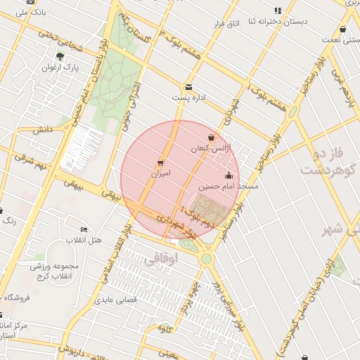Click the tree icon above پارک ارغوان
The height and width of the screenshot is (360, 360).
(60, 56)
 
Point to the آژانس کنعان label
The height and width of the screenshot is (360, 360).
(209, 149)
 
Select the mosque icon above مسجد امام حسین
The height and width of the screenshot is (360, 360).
(229, 176)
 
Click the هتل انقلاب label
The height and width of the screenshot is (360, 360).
(84, 240)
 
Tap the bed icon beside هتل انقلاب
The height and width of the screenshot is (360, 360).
(84, 230)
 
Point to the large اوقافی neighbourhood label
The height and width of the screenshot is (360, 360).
(162, 259)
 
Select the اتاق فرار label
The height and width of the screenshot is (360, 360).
(227, 24)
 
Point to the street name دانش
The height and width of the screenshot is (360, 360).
(42, 129)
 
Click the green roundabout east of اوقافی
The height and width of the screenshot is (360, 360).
(206, 259)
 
